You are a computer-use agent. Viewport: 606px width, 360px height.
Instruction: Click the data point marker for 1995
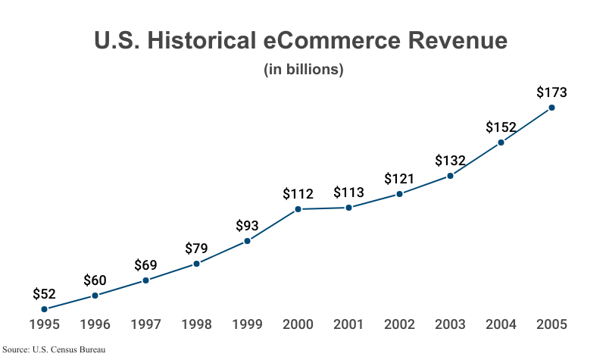(x=44, y=309)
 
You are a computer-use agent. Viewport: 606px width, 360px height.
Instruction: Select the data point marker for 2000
(x=298, y=209)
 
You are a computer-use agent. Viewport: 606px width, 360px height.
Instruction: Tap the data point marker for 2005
(x=551, y=108)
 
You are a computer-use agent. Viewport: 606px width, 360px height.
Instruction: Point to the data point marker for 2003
(x=450, y=176)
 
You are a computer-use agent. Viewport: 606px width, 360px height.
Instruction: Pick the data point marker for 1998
(x=196, y=264)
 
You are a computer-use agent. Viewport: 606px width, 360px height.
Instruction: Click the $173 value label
(x=551, y=92)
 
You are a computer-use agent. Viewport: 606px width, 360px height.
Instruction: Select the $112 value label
(x=298, y=194)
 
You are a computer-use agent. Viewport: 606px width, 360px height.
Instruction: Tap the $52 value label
(x=44, y=294)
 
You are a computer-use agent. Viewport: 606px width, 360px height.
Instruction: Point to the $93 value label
(x=247, y=226)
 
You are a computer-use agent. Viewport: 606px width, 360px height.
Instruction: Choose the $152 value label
(x=501, y=127)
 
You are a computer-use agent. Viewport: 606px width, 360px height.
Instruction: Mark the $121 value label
(x=399, y=179)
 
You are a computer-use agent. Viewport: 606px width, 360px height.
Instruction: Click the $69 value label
(x=145, y=265)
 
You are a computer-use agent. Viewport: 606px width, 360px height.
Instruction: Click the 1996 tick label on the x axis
(x=95, y=325)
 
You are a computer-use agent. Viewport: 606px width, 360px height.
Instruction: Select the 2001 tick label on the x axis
(x=348, y=325)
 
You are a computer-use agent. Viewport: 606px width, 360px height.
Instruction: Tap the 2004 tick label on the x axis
(x=501, y=325)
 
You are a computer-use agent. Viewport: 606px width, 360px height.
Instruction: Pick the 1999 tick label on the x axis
(x=247, y=325)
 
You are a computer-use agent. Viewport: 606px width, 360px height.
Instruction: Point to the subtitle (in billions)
(x=304, y=70)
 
